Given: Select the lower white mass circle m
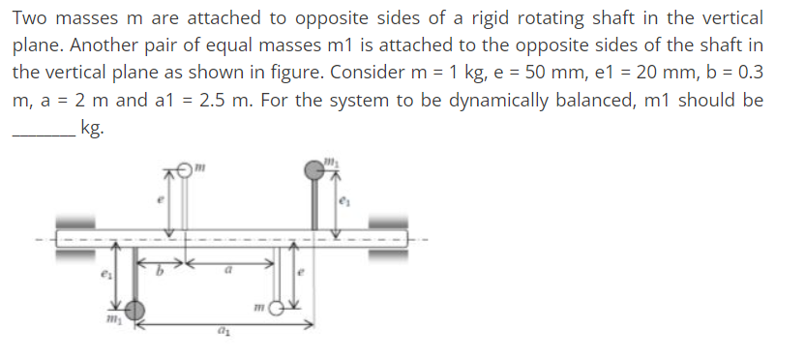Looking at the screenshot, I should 277,310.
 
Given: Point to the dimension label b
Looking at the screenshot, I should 162,274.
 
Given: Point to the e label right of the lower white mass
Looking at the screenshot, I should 301,275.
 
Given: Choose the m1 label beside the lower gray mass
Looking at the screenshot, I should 112,317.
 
